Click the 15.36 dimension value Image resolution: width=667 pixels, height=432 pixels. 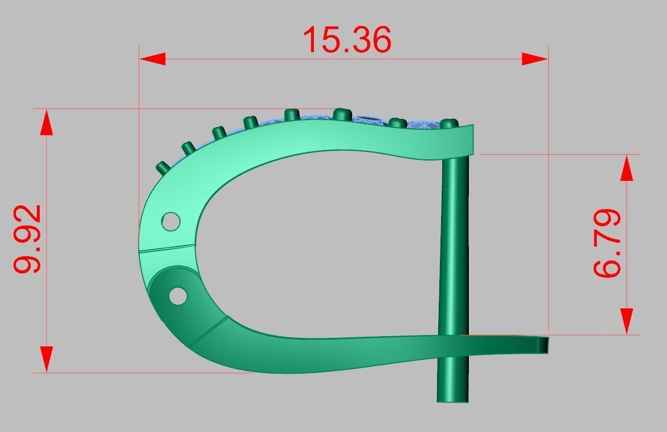(x=347, y=40)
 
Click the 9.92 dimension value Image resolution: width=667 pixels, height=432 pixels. (x=28, y=239)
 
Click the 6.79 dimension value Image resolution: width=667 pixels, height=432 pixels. (x=607, y=243)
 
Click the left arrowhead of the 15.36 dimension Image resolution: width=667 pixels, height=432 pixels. (x=152, y=59)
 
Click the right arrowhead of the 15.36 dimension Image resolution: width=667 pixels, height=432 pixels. (x=535, y=59)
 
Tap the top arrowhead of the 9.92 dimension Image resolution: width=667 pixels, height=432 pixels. (x=47, y=122)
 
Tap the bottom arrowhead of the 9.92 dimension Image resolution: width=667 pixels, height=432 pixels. (x=47, y=359)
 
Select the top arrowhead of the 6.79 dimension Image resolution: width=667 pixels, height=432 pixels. (x=627, y=168)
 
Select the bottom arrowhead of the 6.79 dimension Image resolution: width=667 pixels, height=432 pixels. (x=627, y=321)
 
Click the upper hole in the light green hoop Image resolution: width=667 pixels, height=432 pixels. (x=170, y=221)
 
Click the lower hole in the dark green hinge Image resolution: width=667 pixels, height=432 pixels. (x=178, y=295)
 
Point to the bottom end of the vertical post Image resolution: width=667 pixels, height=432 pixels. (x=452, y=399)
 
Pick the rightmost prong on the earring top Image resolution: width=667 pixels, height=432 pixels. (x=449, y=123)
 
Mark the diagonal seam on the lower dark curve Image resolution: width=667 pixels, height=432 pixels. (x=208, y=332)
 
